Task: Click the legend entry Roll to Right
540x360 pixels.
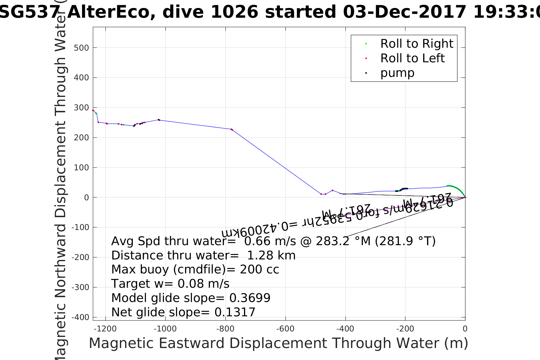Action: click(x=417, y=44)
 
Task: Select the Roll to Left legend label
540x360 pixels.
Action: click(x=412, y=58)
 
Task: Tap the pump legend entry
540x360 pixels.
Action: click(x=397, y=73)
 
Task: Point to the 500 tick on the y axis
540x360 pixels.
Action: click(x=81, y=48)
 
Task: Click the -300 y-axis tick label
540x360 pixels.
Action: click(x=80, y=287)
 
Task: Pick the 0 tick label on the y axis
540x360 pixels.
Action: click(x=86, y=197)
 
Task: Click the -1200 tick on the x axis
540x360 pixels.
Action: click(x=105, y=329)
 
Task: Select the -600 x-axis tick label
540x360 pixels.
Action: click(x=285, y=329)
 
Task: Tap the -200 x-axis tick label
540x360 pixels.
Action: click(x=405, y=329)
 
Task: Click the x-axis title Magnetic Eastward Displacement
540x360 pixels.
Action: click(x=278, y=343)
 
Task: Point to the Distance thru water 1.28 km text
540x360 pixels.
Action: click(x=203, y=255)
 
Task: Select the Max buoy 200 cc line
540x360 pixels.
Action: click(x=195, y=269)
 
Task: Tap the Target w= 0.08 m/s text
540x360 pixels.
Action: click(x=170, y=284)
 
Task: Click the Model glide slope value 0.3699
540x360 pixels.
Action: click(x=250, y=298)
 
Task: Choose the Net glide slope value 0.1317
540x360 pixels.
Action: click(x=235, y=312)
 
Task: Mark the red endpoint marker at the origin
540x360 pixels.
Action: click(x=465, y=197)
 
